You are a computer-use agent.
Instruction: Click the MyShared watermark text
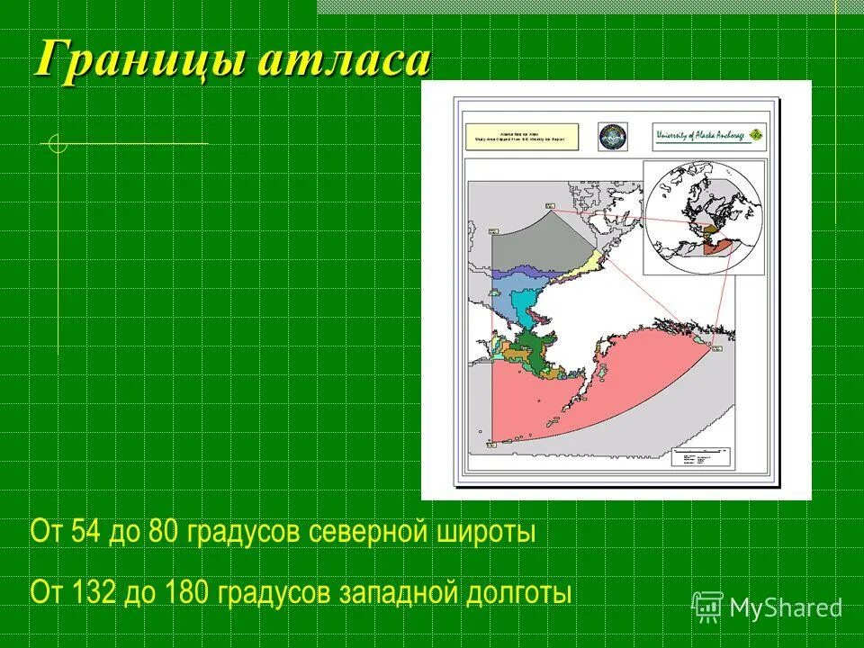coord(785,608)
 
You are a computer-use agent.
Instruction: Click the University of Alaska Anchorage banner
coord(710,136)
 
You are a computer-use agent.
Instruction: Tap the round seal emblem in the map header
coord(614,137)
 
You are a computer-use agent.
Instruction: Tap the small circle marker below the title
coord(58,143)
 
